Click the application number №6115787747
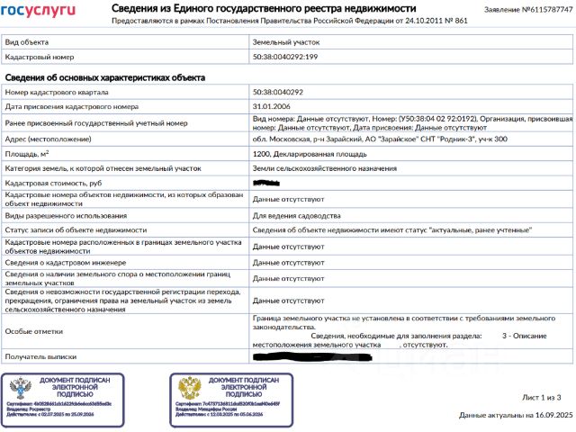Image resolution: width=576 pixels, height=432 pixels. coord(540,9)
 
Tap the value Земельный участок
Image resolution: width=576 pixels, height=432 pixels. coord(286,41)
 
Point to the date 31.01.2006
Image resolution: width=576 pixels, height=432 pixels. coord(273,106)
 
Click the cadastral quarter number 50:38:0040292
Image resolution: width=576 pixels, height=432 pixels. coord(278,92)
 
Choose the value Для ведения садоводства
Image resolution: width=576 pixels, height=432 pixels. coord(297,216)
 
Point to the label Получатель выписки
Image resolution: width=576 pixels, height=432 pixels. coord(40,358)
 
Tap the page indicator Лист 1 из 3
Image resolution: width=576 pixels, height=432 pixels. coord(541,397)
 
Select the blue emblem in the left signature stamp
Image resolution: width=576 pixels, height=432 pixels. coord(22,390)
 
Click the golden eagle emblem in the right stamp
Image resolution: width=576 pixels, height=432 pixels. coord(189,390)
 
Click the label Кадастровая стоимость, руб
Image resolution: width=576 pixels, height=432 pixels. coord(53,183)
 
